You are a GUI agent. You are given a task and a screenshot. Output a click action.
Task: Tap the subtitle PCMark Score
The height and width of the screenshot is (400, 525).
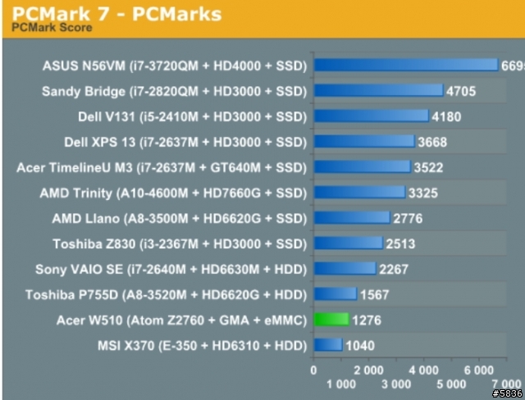click(52, 27)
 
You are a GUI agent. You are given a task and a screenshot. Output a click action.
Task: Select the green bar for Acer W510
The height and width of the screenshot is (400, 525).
click(330, 320)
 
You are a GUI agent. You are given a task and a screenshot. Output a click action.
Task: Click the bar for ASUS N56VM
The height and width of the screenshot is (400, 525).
click(405, 65)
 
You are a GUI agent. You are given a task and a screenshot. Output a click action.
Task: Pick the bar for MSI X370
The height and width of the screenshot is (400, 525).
click(326, 345)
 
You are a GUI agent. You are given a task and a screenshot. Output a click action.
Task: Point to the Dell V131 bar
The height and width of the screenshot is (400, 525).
click(370, 116)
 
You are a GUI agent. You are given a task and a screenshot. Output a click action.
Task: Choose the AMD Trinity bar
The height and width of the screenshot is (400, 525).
click(358, 192)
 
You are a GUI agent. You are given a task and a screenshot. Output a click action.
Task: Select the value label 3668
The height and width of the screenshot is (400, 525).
click(433, 142)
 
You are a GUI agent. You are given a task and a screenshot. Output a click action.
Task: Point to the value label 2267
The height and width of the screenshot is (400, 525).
click(393, 269)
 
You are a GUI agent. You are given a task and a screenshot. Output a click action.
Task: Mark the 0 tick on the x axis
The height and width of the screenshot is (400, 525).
click(313, 370)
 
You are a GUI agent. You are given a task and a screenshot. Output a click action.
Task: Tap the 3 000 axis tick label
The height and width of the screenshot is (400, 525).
click(396, 384)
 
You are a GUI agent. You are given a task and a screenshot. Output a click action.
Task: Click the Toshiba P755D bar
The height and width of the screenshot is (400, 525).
click(334, 294)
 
